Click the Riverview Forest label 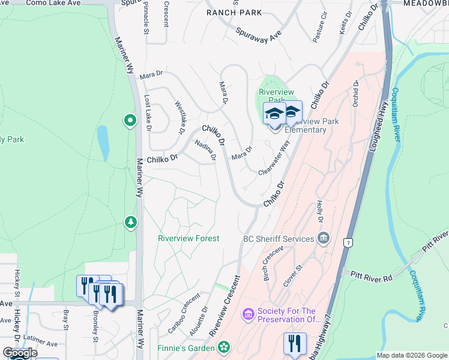pos(188,238)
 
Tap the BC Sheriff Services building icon pos(324,238)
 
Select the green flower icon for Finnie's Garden pos(223,347)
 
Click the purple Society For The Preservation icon pos(248,314)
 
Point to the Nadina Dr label pos(205,149)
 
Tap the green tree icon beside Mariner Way pos(130,223)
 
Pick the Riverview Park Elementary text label pos(305,125)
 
